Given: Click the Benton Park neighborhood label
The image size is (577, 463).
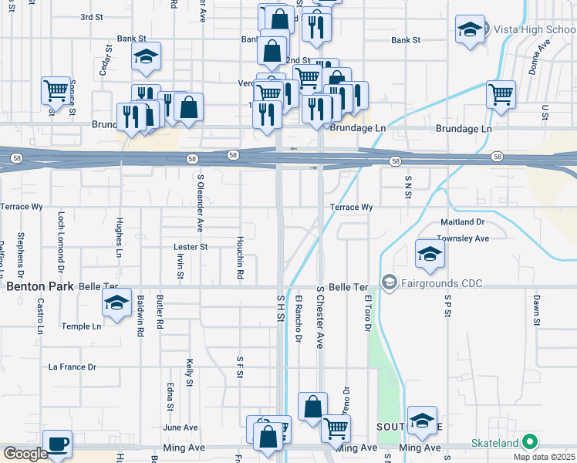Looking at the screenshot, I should [x=40, y=286].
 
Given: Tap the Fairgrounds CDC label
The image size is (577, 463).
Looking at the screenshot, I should [x=442, y=284].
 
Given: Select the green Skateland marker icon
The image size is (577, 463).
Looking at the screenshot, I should [x=529, y=442].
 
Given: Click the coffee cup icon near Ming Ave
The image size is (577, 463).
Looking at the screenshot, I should [x=57, y=444].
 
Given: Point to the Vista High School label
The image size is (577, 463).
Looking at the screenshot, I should [x=533, y=30].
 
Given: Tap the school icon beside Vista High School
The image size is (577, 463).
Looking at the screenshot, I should [x=470, y=30].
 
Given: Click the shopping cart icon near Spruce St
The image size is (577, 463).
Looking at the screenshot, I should [x=56, y=90].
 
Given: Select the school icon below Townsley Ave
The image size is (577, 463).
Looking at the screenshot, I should [x=429, y=253].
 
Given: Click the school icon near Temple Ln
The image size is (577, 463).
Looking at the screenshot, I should [x=116, y=302].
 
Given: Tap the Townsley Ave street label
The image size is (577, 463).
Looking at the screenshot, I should [x=462, y=238].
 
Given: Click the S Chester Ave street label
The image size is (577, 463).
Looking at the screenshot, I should [x=319, y=317].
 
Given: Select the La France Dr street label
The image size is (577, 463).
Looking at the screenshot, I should [x=72, y=367].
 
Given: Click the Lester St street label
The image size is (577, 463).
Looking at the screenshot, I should [x=191, y=247].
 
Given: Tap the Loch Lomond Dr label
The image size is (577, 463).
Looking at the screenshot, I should [x=60, y=234].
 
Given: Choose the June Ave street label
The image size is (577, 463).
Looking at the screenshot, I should [x=181, y=428].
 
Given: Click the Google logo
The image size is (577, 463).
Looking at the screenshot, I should [x=25, y=454].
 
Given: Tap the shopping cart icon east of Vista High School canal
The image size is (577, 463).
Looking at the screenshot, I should [x=501, y=95].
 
